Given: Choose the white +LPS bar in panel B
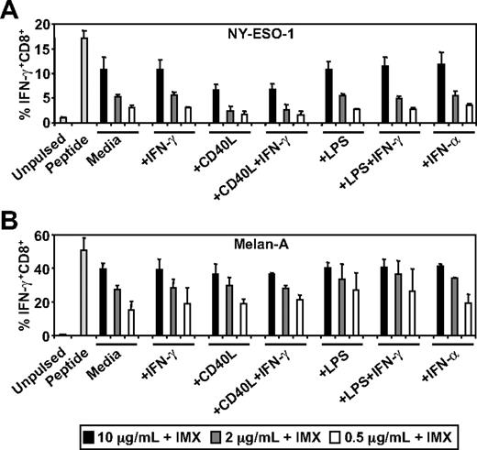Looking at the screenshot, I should pyautogui.click(x=356, y=313).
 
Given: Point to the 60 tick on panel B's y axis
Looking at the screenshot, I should pyautogui.click(x=42, y=236).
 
